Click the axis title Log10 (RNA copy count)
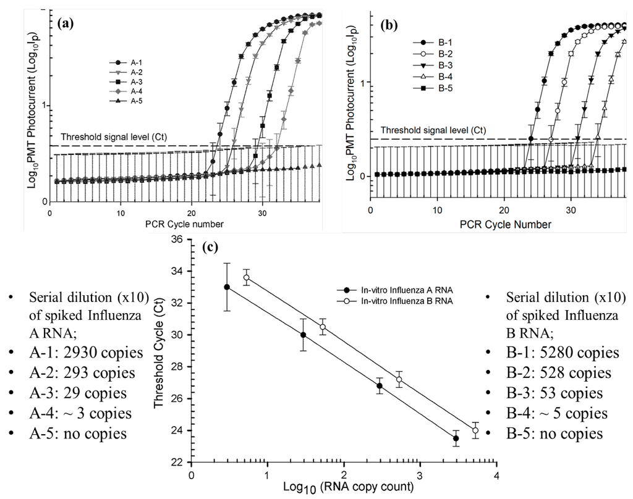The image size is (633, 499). point(344,486)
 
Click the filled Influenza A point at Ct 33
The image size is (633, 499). point(227,287)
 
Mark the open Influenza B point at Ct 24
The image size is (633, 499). point(475,430)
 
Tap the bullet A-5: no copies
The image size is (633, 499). point(78,433)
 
